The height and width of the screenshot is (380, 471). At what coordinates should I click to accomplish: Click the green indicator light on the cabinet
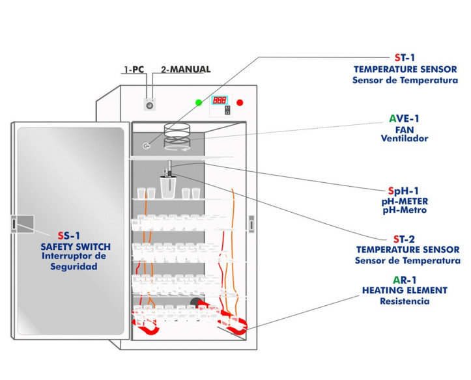pos(198,102)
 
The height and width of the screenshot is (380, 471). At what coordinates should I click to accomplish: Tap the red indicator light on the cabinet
pos(240,102)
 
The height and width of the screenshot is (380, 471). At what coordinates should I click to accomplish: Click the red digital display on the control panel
pos(219,100)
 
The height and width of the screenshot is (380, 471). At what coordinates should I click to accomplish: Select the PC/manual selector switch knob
pos(150,104)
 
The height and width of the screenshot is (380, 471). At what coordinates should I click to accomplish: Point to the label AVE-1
pos(404,118)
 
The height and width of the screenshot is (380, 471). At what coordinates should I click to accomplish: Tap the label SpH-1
pos(404,191)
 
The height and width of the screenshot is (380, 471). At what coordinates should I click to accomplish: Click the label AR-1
pos(405,279)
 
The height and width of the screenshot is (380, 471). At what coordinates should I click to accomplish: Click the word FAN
pos(405,129)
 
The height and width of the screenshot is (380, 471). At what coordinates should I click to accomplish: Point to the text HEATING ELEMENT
pos(405,290)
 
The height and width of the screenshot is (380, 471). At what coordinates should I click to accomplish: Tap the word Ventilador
pos(405,139)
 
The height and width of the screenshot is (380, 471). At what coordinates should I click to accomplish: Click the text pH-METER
pos(405,201)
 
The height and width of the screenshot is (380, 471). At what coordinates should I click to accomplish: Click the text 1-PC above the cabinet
pos(134,69)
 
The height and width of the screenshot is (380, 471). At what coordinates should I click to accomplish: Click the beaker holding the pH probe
pos(169,187)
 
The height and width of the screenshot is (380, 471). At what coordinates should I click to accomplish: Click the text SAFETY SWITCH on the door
pos(76,247)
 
